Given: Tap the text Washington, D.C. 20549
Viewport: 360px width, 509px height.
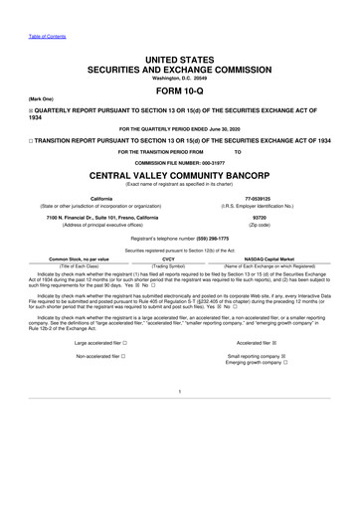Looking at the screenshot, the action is [180, 70].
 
